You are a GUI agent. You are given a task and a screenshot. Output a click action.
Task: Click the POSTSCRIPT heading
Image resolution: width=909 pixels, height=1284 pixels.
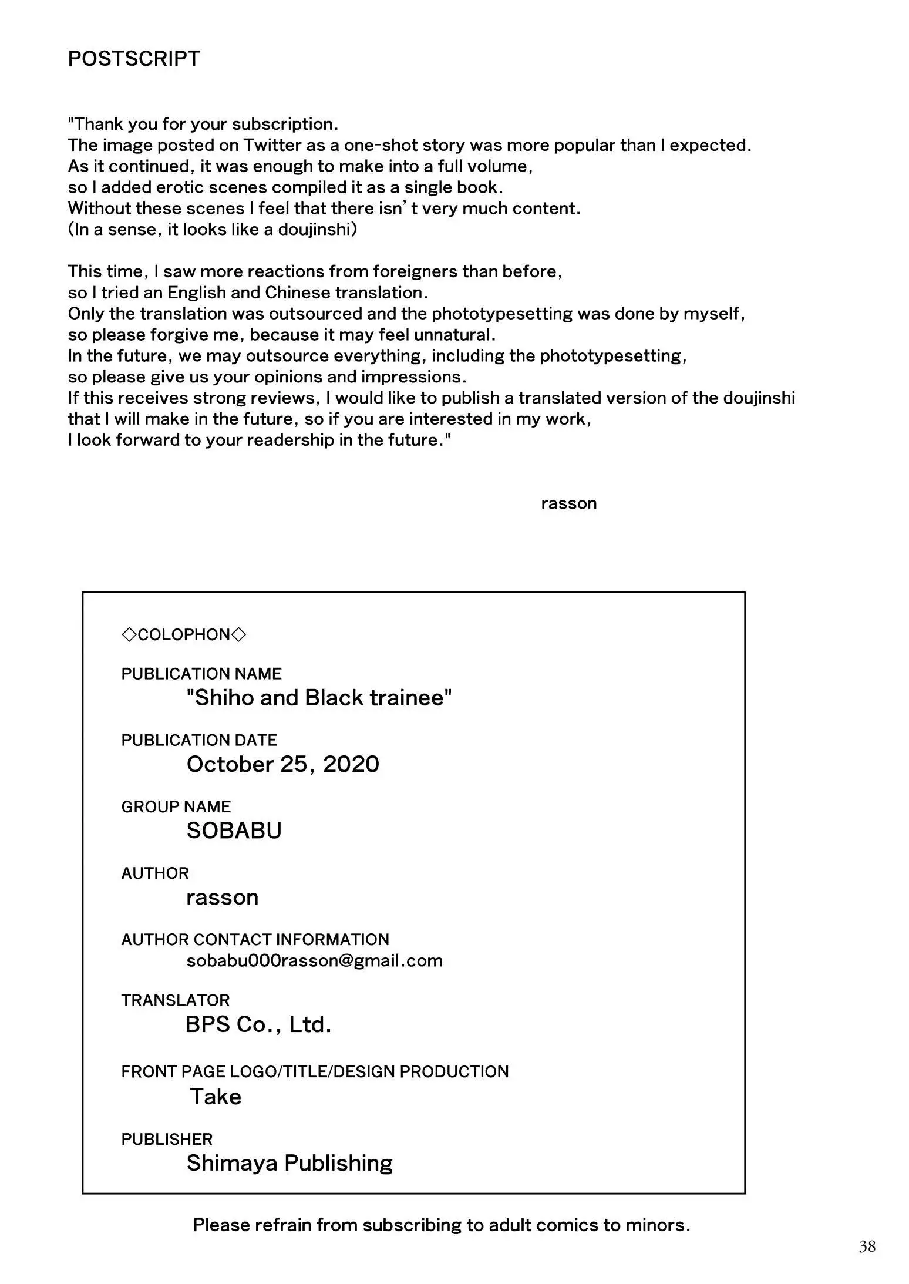[x=134, y=59]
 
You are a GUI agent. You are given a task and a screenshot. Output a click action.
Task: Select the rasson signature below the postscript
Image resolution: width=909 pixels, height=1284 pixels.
[x=568, y=503]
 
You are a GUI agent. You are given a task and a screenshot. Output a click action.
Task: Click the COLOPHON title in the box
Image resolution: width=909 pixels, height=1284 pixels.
[x=184, y=634]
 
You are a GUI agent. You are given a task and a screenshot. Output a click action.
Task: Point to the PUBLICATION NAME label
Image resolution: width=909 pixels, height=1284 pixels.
[x=201, y=674]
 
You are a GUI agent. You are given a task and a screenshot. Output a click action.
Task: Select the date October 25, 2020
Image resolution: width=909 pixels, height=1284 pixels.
[x=282, y=764]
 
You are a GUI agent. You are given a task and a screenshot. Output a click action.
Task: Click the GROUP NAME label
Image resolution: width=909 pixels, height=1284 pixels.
[x=176, y=806]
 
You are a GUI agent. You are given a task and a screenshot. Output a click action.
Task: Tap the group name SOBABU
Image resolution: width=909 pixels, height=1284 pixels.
[x=234, y=831]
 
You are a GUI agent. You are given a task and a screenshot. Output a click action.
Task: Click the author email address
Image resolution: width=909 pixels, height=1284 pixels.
[x=314, y=960]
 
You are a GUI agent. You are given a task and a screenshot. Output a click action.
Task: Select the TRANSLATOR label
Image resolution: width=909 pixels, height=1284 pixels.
[x=175, y=1000]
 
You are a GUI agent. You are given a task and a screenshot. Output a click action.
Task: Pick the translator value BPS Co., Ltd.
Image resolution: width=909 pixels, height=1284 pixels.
[x=258, y=1024]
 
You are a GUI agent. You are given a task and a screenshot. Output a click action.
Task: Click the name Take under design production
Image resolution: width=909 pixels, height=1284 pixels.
[x=216, y=1097]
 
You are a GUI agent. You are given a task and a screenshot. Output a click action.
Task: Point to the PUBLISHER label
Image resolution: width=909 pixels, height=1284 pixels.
[x=167, y=1139]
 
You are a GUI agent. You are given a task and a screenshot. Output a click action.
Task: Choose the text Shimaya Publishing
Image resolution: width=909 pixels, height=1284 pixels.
[x=289, y=1163]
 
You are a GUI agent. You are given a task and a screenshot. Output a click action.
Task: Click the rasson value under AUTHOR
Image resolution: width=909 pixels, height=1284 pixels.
[x=222, y=898]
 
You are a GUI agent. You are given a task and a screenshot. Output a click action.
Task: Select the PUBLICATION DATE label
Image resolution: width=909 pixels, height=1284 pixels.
[x=199, y=740]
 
